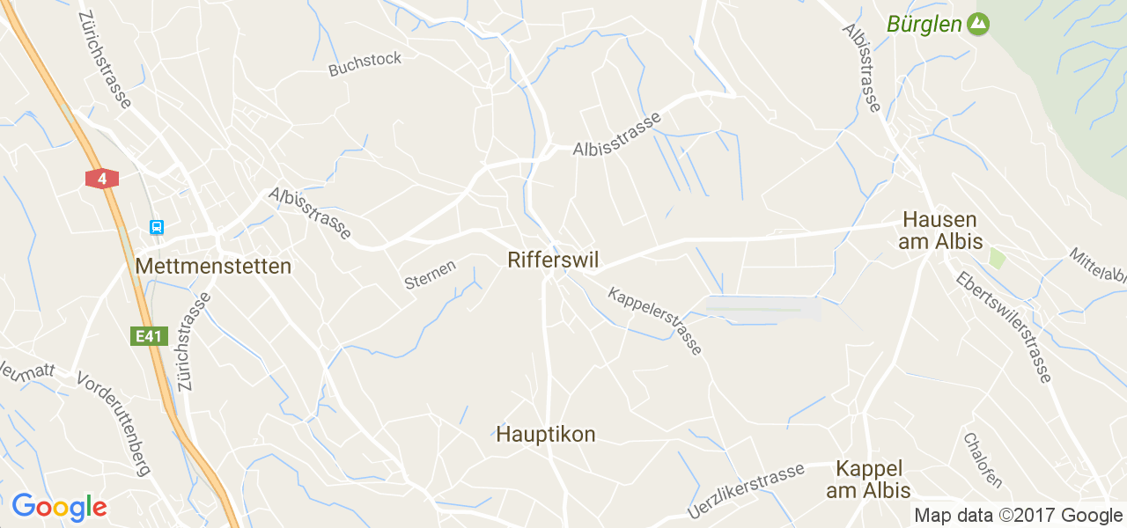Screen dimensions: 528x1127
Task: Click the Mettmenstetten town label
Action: [213, 266]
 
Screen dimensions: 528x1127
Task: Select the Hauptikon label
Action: [546, 434]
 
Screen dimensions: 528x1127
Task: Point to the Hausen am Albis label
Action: [939, 231]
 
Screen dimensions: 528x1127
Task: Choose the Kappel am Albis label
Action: [868, 480]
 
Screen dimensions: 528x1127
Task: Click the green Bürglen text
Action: [924, 24]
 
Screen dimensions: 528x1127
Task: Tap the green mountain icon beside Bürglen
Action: [977, 24]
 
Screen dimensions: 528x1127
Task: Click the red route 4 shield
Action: [102, 179]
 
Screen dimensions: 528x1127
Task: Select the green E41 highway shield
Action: [150, 336]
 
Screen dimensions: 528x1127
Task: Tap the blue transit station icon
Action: [157, 228]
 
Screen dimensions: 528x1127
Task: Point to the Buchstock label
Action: [365, 63]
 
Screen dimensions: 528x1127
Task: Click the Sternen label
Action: [430, 274]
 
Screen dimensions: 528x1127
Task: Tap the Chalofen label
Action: [983, 459]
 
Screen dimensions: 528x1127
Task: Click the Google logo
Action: [59, 508]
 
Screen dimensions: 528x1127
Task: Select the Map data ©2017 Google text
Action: [1018, 516]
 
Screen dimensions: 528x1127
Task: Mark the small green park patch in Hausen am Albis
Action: [997, 258]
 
